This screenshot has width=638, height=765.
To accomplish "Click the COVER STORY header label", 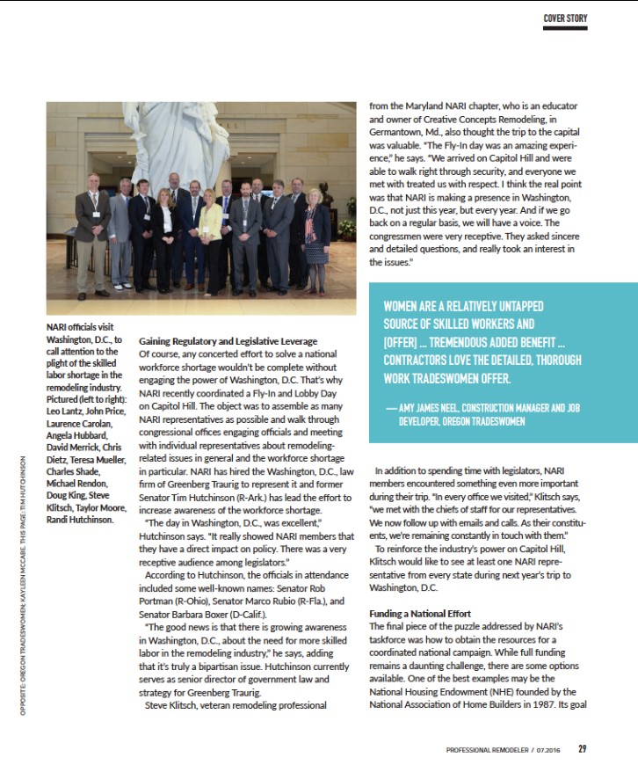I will (565, 18).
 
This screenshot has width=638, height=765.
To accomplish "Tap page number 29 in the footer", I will (582, 749).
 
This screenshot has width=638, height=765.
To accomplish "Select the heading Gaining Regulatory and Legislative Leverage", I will (228, 341).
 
